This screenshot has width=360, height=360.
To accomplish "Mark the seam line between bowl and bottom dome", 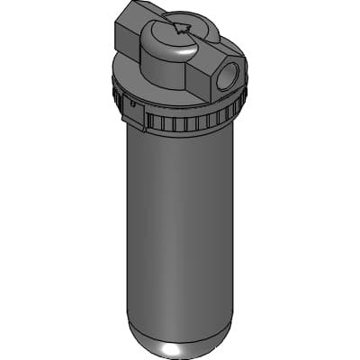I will pos(180,320).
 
